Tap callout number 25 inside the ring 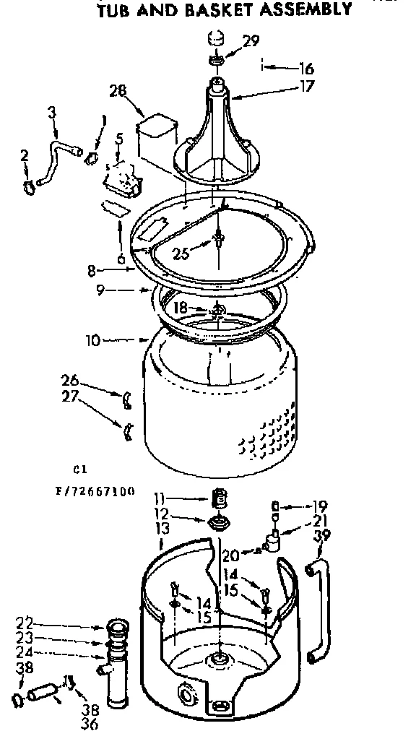[x=182, y=252]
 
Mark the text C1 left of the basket [x=81, y=467]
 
